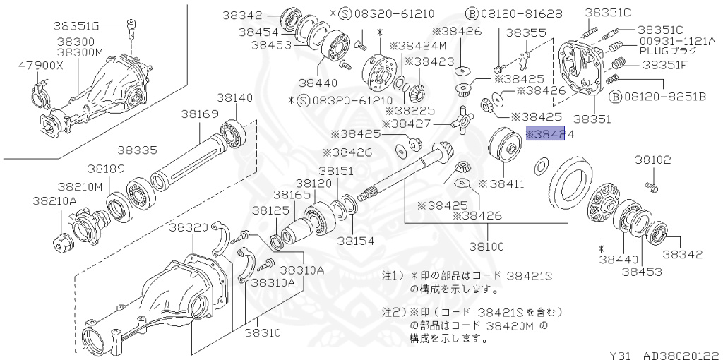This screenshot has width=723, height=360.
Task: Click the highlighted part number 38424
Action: pos(549,135)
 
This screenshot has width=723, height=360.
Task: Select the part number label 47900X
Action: pos(41,66)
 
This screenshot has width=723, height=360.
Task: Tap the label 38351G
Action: pos(77,26)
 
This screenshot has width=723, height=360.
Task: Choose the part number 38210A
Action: pos(54,200)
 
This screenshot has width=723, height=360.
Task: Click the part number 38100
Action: pos(487,248)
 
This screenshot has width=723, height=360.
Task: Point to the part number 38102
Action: pos(652,160)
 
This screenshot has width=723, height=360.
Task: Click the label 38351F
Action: pos(664,65)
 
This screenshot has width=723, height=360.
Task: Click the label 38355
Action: pos(525,32)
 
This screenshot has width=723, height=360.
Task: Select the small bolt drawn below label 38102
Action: pos(651,186)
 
